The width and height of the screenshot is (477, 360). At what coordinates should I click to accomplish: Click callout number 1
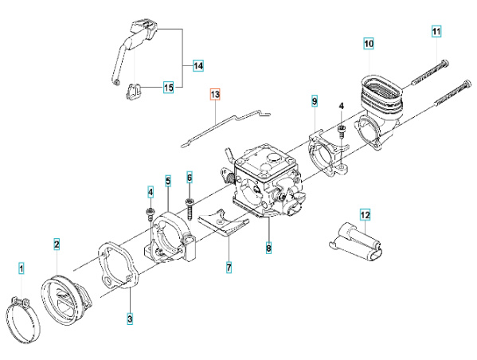pyautogui.click(x=22, y=268)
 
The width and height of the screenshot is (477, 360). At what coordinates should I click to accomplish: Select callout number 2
pyautogui.click(x=57, y=243)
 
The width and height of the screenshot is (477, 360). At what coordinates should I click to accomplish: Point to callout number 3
pyautogui.click(x=130, y=319)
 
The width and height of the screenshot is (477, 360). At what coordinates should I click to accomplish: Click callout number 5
pyautogui.click(x=168, y=181)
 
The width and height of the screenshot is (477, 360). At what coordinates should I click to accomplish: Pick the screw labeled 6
pyautogui.click(x=190, y=206)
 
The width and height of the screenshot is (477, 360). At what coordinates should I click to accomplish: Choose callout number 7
pyautogui.click(x=229, y=268)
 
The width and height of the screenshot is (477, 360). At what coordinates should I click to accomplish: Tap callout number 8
pyautogui.click(x=268, y=248)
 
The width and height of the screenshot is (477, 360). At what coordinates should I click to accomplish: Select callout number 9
pyautogui.click(x=315, y=102)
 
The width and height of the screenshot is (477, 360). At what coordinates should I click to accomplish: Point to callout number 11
pyautogui.click(x=436, y=31)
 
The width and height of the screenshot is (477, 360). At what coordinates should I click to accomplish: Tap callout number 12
pyautogui.click(x=365, y=214)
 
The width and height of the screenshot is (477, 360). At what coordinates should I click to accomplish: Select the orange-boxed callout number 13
pyautogui.click(x=214, y=95)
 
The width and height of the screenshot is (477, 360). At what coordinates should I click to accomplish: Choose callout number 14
pyautogui.click(x=198, y=65)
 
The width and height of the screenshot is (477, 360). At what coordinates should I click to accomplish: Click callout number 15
pyautogui.click(x=168, y=87)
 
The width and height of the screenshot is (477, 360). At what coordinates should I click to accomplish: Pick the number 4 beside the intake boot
pyautogui.click(x=341, y=106)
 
